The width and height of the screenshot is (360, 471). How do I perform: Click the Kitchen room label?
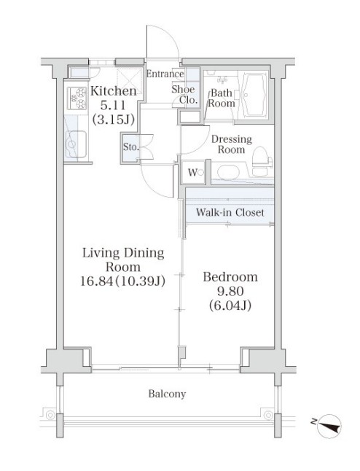[x=114, y=91]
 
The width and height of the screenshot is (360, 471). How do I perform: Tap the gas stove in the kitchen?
[x=77, y=98]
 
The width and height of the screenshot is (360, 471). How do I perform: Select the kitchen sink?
[x=77, y=144]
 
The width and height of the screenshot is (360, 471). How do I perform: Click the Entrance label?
[x=165, y=74]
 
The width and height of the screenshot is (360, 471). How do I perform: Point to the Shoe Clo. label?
[x=184, y=94]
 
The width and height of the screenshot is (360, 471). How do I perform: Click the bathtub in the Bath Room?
[x=254, y=94]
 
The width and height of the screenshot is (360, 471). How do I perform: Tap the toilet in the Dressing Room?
[x=262, y=161]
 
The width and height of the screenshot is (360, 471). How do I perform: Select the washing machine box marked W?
[x=193, y=172]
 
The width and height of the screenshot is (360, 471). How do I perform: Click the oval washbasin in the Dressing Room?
[x=229, y=172]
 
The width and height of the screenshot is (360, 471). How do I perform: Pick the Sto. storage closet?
[x=130, y=148]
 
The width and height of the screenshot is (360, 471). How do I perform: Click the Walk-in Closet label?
[x=230, y=212]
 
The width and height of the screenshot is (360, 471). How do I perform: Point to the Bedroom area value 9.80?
[x=230, y=291]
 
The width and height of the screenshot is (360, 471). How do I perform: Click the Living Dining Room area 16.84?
[x=96, y=281]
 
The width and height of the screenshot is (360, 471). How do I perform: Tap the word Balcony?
[x=167, y=394]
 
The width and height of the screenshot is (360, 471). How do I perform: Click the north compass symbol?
[x=329, y=426]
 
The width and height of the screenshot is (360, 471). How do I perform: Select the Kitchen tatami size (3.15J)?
[x=114, y=120]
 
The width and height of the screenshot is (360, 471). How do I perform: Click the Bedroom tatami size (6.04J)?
[x=230, y=305]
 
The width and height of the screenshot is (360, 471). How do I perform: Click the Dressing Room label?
[x=232, y=144]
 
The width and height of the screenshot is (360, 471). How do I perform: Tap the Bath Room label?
[x=222, y=98]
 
